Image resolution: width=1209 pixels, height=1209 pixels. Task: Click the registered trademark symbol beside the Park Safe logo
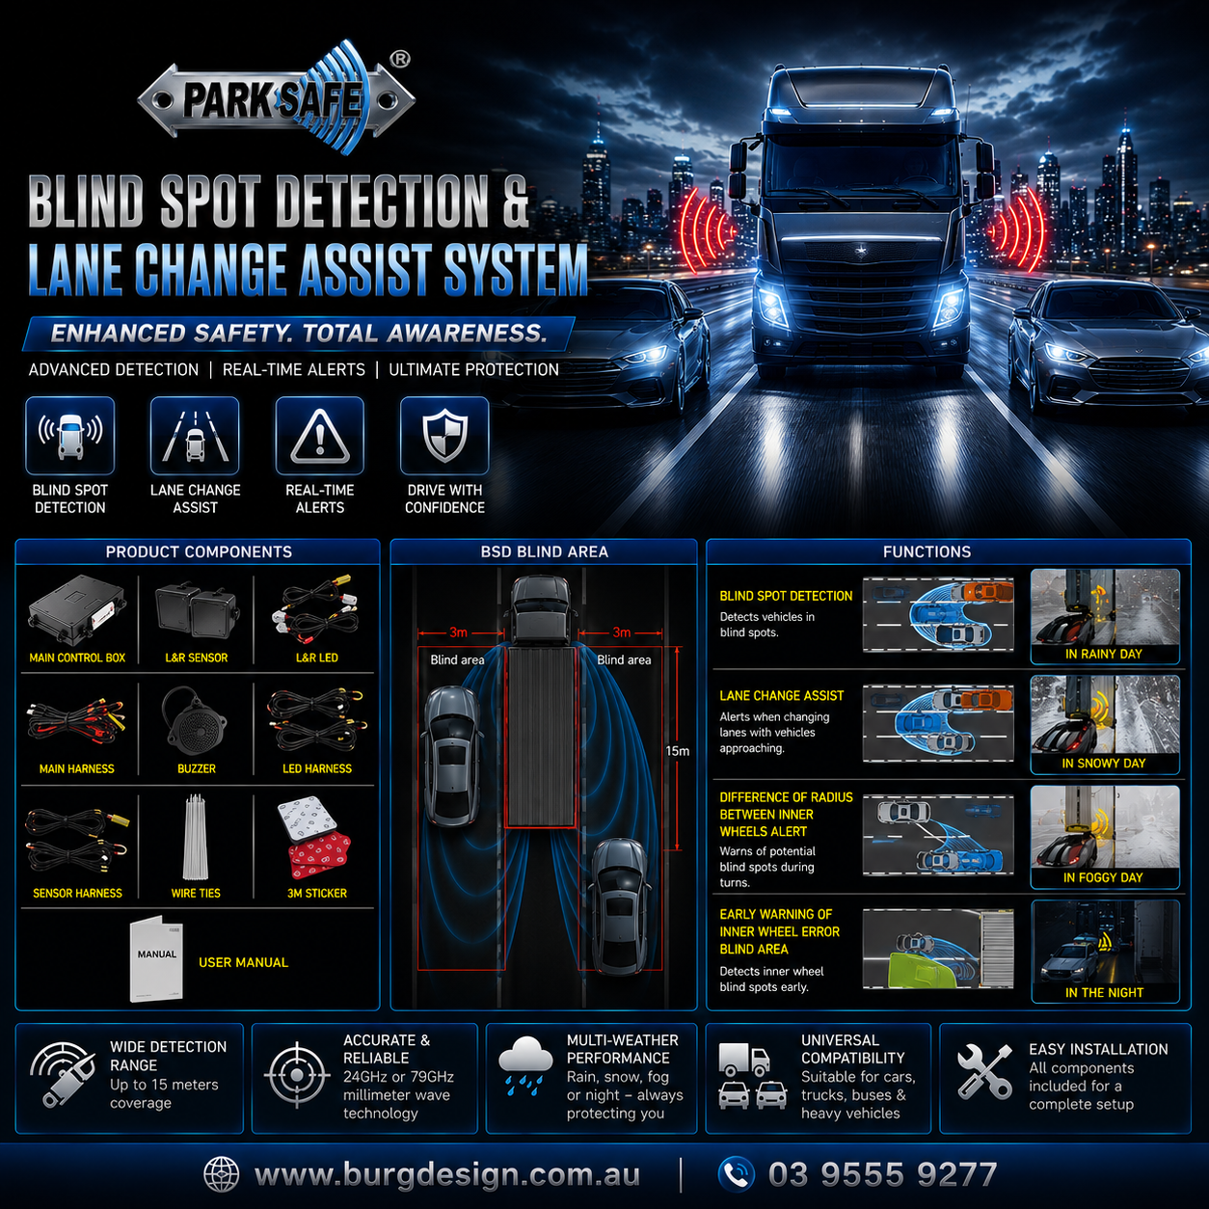pos(400,60)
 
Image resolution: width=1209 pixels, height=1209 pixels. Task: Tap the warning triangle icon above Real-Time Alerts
pos(320,436)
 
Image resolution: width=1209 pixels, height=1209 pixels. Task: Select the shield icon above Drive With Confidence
pos(444,435)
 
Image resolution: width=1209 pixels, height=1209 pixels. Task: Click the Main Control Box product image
pos(76,610)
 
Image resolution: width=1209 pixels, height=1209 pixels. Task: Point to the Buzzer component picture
pos(195,722)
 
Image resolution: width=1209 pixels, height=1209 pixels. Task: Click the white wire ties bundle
pos(196,837)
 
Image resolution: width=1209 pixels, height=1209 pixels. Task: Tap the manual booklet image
pos(157,959)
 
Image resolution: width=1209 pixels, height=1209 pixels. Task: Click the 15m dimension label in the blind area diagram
pos(678,751)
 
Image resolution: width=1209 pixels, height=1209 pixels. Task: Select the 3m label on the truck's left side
pos(459,632)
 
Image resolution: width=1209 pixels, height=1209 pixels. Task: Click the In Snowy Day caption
pos(1104,764)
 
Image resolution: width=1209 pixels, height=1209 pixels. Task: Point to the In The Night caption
pos(1104,992)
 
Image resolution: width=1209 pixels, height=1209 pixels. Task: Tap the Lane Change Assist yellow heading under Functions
pos(781,696)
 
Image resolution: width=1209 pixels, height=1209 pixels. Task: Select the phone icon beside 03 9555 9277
pos(736,1173)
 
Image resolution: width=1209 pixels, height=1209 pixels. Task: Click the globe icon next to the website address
pos(222,1174)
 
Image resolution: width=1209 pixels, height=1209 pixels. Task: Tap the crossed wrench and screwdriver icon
pos(984,1072)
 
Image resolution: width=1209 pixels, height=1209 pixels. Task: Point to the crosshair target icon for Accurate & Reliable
pos(297,1075)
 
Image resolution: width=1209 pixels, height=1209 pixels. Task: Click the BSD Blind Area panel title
pos(544,552)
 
